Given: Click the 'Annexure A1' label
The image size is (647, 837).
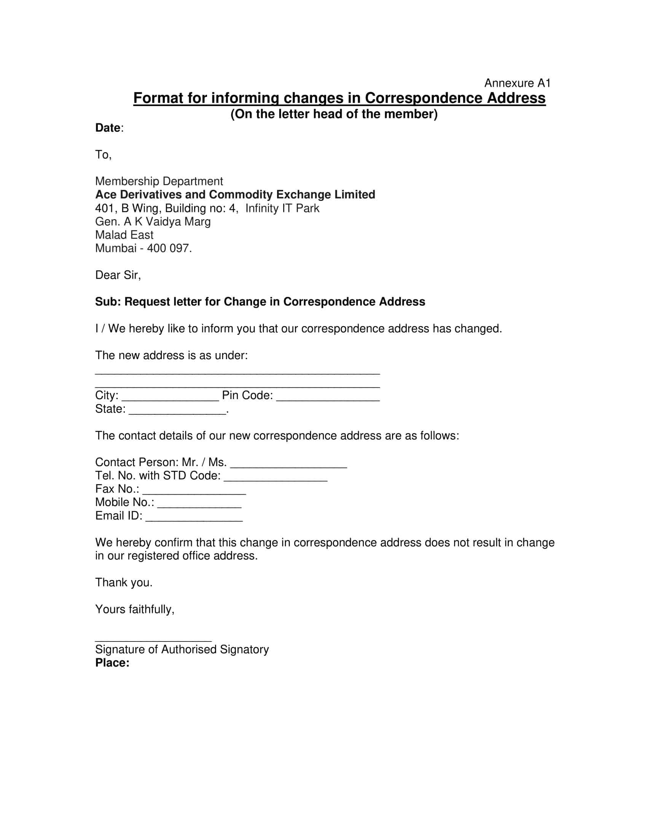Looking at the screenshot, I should [x=517, y=83].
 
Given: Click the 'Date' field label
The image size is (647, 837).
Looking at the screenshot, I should [x=108, y=128].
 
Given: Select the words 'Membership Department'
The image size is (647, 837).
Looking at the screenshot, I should [x=159, y=181].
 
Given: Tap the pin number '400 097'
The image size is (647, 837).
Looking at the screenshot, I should [x=169, y=248].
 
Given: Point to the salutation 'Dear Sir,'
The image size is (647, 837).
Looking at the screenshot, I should [x=118, y=275].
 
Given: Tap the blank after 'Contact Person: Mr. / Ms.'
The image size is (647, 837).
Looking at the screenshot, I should [x=288, y=465].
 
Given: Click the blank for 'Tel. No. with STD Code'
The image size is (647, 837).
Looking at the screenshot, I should [x=275, y=479].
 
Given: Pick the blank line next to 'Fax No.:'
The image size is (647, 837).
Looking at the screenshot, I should [x=194, y=492].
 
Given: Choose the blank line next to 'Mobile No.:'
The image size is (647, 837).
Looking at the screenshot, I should [x=199, y=506].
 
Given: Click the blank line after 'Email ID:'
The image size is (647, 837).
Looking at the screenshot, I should [x=194, y=519].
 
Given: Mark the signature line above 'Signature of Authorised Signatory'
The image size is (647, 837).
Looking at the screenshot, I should [x=153, y=639].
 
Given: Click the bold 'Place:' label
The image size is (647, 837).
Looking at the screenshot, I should [x=112, y=663].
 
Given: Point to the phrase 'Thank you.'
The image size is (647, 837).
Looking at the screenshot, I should [x=123, y=582].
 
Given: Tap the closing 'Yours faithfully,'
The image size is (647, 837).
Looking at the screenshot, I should [x=134, y=609].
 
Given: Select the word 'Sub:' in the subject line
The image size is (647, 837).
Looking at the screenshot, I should [x=108, y=302].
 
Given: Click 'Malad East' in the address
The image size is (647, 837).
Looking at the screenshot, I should [x=124, y=234].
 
